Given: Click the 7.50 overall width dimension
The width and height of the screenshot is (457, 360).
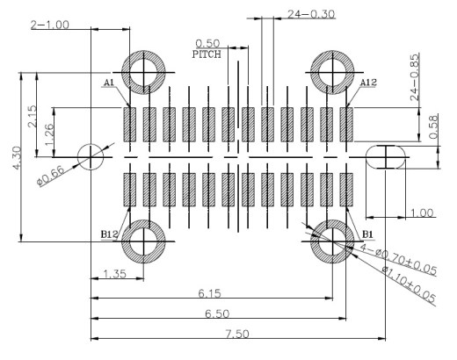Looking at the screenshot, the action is (237, 334).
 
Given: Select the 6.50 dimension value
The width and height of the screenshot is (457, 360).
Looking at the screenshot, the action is (217, 313).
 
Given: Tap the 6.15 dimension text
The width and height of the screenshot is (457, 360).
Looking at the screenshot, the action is (210, 293).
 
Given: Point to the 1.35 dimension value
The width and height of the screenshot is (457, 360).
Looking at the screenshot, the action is (115, 274).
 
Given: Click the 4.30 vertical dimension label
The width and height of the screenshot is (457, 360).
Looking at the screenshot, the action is (17, 158).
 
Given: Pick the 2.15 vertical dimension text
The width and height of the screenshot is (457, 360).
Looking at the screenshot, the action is (33, 116).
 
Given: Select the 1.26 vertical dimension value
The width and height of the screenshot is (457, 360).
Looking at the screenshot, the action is (48, 134).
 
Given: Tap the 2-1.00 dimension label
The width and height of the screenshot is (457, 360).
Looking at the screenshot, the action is (50, 25).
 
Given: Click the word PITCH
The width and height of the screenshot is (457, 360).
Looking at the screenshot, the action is (207, 54).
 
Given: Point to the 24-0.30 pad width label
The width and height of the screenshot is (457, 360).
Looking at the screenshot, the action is (311, 14).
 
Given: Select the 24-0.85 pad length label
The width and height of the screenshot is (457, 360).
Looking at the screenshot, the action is (415, 77).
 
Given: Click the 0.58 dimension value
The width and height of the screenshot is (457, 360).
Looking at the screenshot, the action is (433, 126).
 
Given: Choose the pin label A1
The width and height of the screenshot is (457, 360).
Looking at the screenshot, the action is (109, 83).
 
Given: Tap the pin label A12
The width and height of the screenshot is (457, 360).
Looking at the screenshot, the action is (368, 83).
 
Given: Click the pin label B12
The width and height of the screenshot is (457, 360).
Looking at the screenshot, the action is (109, 234).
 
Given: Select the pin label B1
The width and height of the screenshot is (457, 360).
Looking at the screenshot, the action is (367, 234).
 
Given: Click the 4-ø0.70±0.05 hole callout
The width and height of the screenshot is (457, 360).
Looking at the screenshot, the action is (398, 259).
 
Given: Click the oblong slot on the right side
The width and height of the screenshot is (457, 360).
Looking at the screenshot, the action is (366, 157).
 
